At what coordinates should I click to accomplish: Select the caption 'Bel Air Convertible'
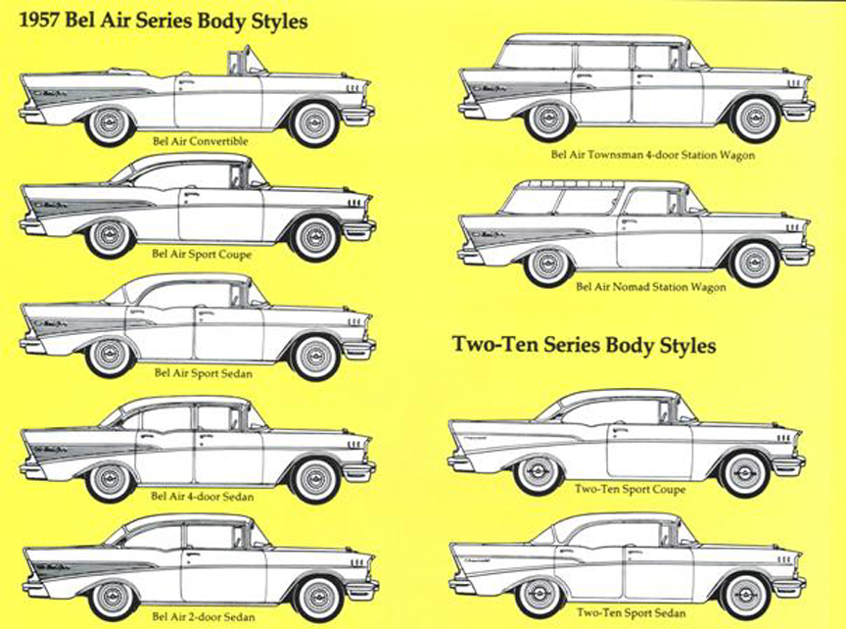200,141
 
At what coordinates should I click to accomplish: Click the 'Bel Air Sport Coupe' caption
202,254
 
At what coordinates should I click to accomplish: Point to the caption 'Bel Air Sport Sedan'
201,372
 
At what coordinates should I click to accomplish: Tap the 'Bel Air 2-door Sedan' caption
204,616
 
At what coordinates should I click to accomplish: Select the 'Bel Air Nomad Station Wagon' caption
651,287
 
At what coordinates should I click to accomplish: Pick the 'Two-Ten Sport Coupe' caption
630,489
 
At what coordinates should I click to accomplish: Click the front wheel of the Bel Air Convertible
315,123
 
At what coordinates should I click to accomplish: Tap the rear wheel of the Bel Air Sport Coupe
109,236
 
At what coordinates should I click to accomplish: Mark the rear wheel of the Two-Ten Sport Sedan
540,595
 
